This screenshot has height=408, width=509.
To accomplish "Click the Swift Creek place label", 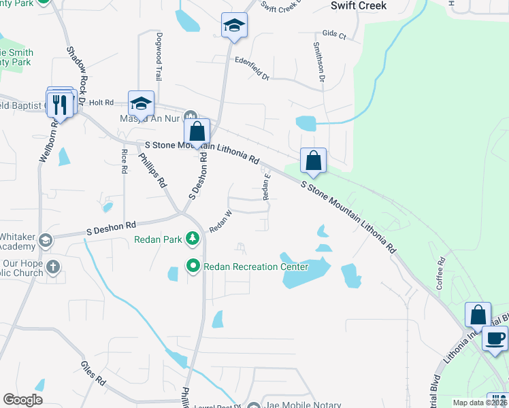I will coord(358,5).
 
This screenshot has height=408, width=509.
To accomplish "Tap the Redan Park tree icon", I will coord(193,238).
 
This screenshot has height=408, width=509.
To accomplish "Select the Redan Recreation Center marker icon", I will coord(193,266).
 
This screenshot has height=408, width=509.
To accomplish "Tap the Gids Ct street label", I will coord(334,33).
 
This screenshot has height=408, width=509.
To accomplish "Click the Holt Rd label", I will coord(100,102).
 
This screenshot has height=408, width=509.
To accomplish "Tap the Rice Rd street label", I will coord(124,161).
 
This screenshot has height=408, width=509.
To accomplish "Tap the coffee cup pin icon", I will coord(495,337).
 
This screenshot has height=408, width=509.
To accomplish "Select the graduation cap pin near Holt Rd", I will coord(141,103).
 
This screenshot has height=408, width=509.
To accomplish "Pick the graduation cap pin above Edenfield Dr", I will coord(234,26).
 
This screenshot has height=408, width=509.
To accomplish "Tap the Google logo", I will coord(22,400).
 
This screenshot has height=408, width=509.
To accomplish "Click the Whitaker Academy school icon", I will coord(46,239).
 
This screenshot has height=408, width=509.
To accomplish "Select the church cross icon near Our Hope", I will coord(52,267).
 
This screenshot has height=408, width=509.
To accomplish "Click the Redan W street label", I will coord(220,222).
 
